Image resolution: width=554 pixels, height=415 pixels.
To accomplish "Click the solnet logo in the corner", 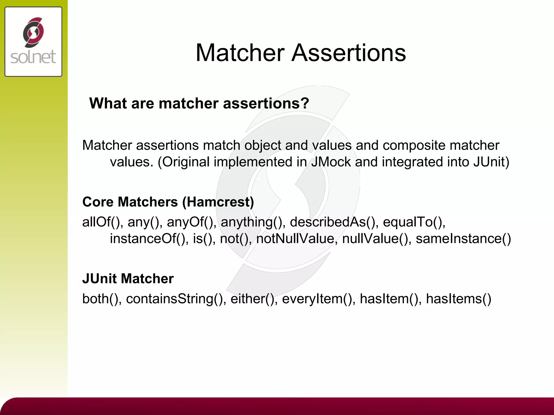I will click(x=33, y=42).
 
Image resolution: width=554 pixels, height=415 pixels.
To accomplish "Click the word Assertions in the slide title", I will click(x=349, y=53).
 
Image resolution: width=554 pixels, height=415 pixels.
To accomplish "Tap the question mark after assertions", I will click(x=305, y=103).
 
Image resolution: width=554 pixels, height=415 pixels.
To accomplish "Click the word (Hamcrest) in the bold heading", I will click(x=218, y=202).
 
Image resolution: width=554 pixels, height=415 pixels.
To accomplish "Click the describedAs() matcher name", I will click(x=332, y=222).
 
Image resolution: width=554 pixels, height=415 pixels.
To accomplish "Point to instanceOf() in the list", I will click(x=147, y=239).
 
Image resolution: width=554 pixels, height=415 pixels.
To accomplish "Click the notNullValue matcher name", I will click(x=295, y=239).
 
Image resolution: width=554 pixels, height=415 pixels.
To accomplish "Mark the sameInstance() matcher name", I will click(x=463, y=239).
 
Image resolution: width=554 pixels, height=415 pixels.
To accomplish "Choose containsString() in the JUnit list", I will click(x=174, y=299).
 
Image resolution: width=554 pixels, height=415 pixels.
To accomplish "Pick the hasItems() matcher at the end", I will click(x=459, y=299).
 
